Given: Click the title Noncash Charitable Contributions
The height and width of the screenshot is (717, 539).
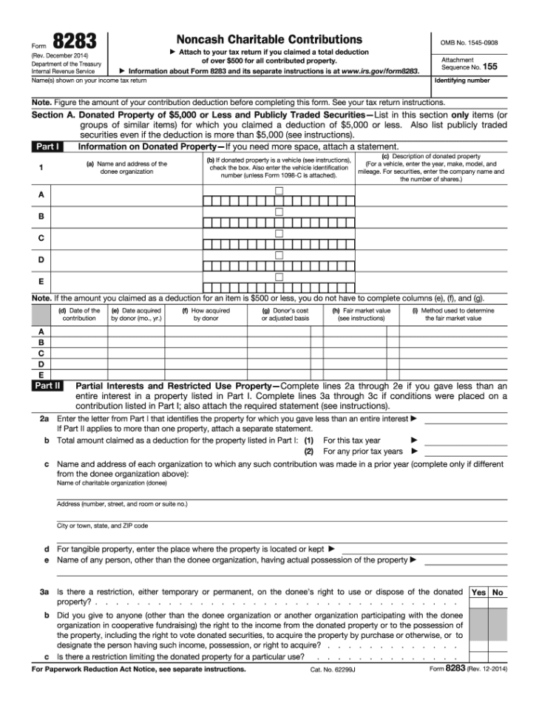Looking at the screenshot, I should [268, 39].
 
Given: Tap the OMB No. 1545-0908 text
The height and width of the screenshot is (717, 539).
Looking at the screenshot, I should [469, 43].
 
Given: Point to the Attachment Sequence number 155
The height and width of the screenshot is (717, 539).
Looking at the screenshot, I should [489, 67].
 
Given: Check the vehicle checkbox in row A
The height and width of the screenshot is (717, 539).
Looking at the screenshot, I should [279, 191].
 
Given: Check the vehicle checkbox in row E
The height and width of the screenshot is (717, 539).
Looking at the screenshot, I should [279, 277].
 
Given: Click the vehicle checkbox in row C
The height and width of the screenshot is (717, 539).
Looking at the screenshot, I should [279, 234].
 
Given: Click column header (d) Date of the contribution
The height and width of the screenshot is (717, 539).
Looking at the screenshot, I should [78, 315].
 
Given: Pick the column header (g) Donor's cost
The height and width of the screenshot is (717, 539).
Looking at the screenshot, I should [285, 315].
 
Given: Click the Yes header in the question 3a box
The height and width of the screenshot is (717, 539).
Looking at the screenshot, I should [478, 593].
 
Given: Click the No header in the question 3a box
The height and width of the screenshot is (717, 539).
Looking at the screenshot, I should [498, 593].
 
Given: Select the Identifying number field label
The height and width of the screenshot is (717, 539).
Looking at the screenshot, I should [462, 80].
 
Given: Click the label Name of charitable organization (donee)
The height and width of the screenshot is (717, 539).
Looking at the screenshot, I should [112, 483].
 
